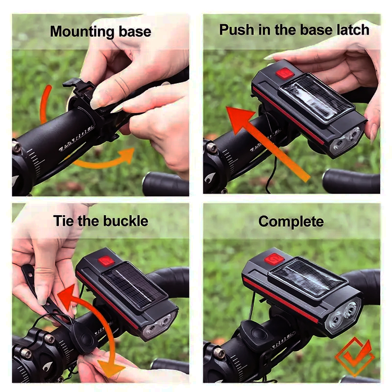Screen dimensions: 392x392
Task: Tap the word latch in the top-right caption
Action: tap(353, 30)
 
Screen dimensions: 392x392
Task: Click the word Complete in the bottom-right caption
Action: tap(291, 221)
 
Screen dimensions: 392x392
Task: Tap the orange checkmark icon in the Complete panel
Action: tap(355, 356)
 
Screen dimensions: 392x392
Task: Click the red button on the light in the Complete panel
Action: tap(274, 259)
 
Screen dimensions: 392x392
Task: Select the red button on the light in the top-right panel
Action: tap(285, 73)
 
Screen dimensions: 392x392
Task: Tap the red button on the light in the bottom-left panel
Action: tap(106, 261)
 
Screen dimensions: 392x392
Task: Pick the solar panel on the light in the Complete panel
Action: tap(308, 278)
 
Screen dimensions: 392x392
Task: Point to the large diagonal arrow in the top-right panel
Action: tap(268, 143)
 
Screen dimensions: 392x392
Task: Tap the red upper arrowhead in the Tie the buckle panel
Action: tap(68, 297)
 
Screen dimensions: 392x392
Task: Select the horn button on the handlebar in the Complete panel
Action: tap(258, 333)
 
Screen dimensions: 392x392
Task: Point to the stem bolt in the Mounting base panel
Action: tap(17, 147)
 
